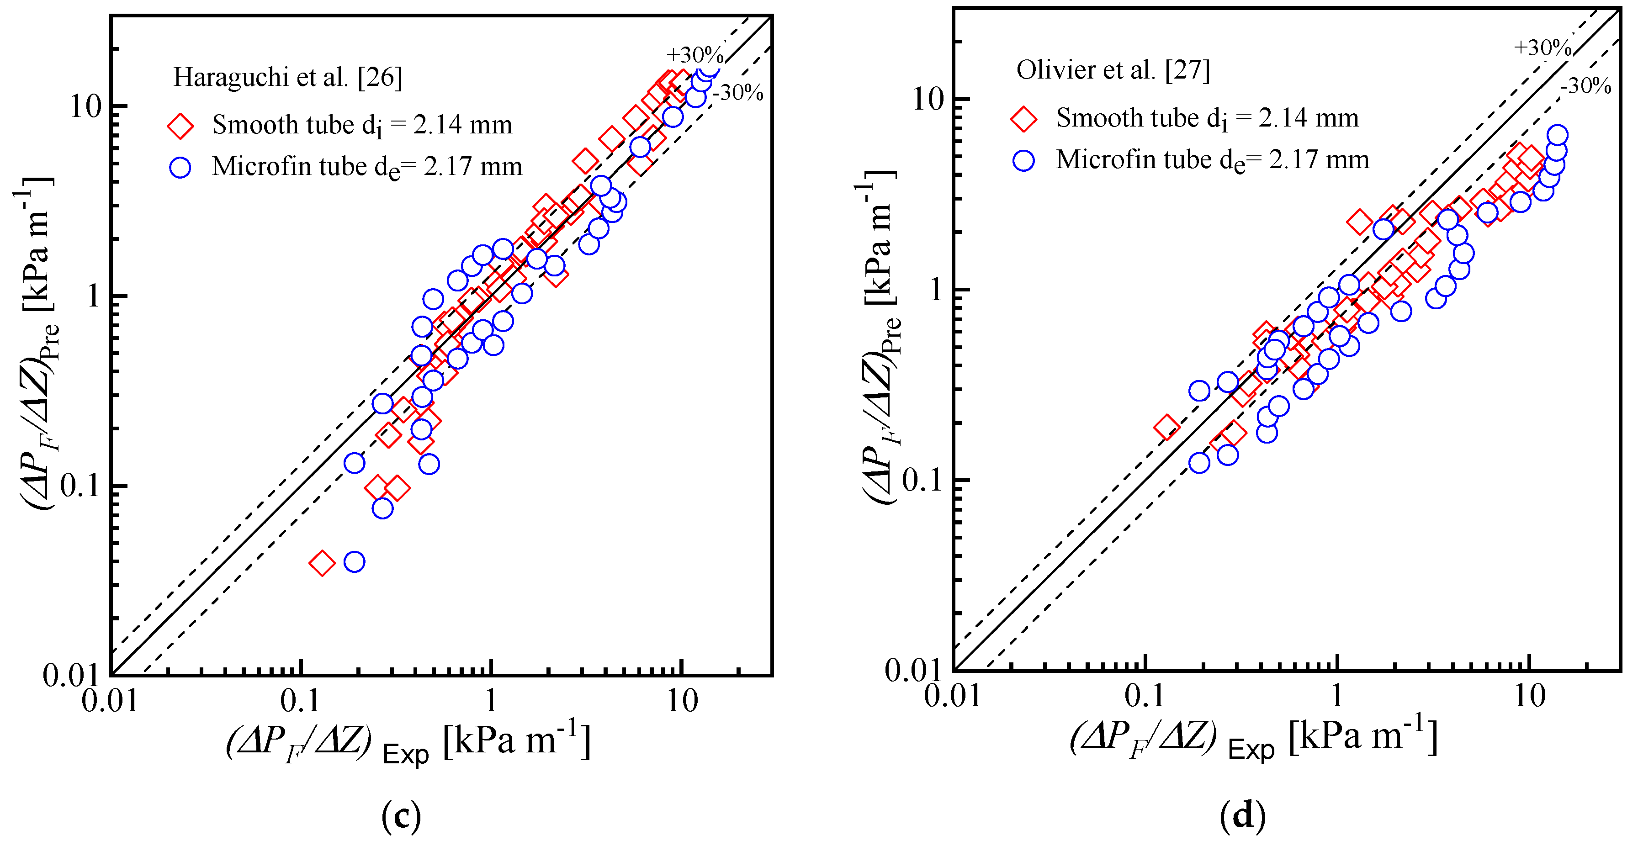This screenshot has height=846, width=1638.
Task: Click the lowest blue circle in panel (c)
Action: coord(354,562)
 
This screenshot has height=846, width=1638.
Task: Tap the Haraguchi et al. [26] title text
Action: coord(287,78)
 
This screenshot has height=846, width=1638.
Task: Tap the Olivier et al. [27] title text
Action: coord(1113,70)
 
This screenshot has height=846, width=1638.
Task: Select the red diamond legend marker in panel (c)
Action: coord(180,126)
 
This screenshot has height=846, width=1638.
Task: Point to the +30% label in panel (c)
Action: coord(694,55)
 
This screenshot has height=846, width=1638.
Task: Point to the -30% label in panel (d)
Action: coord(1586,86)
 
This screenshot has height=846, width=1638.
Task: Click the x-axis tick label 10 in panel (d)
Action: coord(1529,697)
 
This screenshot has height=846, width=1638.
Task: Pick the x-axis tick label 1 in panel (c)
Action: coord(490,701)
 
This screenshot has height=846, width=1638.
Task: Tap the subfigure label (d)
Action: coord(1243,815)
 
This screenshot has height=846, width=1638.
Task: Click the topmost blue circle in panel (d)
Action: coord(1557,135)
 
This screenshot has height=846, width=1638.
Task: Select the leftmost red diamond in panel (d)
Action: coord(1166,427)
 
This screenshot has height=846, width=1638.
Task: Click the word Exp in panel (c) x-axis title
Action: coord(406,755)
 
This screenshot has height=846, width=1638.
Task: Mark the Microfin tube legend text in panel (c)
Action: coord(367,167)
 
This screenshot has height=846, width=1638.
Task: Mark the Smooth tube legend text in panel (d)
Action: coord(1207,119)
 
